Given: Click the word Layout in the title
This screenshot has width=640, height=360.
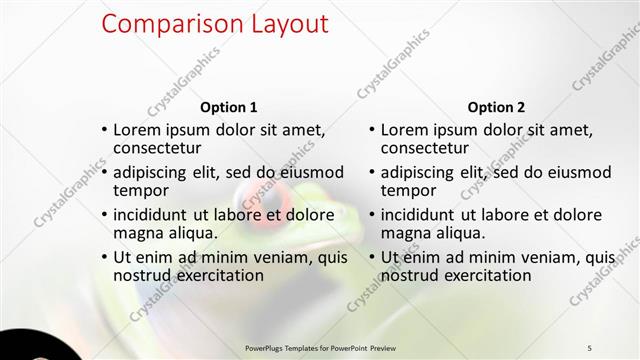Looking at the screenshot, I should [290, 24].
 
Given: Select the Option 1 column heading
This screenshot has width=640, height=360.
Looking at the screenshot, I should [229, 107].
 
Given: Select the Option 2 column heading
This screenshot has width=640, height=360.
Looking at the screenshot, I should [496, 107].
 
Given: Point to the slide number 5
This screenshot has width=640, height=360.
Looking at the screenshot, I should [589, 347].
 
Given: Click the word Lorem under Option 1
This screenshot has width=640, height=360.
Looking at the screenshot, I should [138, 129].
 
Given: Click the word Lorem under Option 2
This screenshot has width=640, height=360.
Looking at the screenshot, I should [405, 129].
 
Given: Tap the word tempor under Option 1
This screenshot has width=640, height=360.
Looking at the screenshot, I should [141, 191].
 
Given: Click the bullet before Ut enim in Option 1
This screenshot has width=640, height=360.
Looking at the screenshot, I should [105, 258].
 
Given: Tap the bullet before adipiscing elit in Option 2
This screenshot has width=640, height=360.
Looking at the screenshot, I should [372, 172].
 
